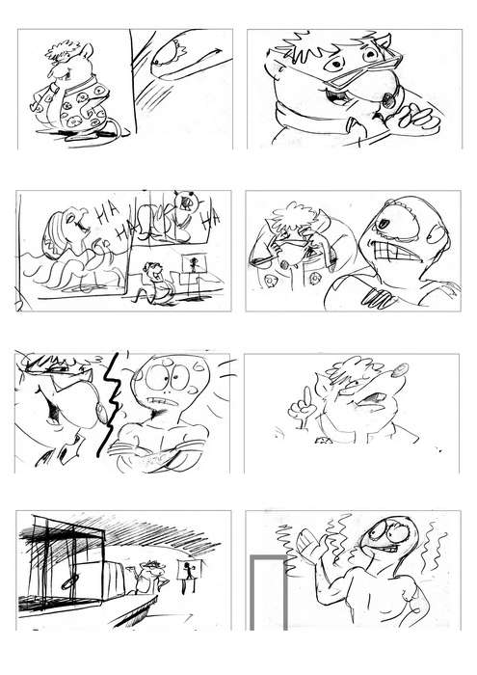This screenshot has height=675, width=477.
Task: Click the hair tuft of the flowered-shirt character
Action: click(63, 50)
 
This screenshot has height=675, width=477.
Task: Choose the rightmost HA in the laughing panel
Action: click(212, 219)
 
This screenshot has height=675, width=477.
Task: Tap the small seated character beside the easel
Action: click(156, 282)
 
